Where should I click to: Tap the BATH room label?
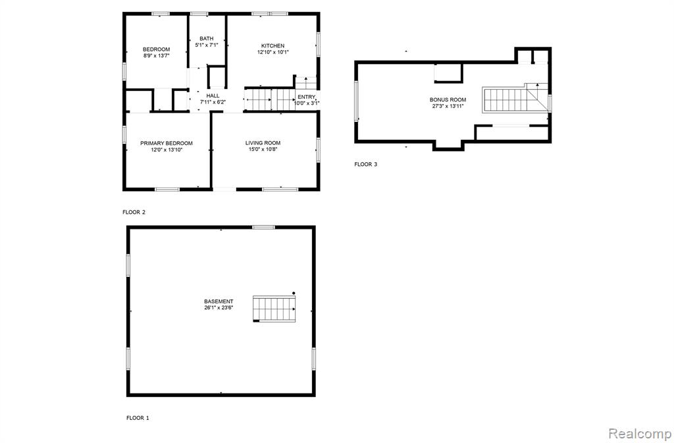tap(206, 38)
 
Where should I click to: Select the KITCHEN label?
tap(273, 45)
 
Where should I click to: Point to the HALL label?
tap(213, 96)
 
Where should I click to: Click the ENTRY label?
tap(307, 97)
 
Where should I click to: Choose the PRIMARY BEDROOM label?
tap(167, 143)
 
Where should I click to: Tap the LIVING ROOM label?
tap(263, 143)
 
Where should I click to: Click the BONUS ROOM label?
tap(448, 100)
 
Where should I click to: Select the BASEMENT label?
tap(219, 301)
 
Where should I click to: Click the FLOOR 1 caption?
tap(138, 417)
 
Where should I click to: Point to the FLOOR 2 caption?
tap(134, 212)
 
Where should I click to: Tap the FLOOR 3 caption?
tap(366, 164)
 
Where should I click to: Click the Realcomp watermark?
tap(640, 432)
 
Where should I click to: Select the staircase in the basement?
tap(274, 309)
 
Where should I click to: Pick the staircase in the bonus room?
tap(505, 100)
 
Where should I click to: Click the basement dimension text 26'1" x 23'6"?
tap(219, 308)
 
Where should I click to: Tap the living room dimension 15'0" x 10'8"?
tap(263, 150)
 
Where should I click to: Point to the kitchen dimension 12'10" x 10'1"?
tap(273, 52)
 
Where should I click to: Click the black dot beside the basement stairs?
tap(294, 293)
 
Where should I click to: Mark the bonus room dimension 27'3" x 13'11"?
tap(448, 106)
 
